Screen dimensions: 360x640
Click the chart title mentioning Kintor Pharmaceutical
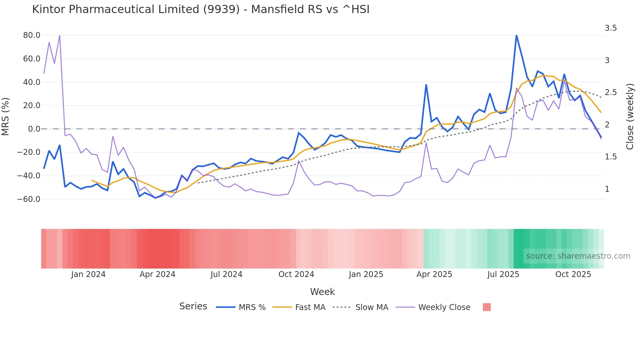click(200, 9)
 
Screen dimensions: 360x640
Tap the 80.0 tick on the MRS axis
click(31, 35)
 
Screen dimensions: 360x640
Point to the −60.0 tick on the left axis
click(29, 199)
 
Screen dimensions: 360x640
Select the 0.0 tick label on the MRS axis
click(34, 129)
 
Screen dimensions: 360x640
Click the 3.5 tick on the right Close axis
click(611, 28)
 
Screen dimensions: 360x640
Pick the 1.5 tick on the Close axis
click(611, 157)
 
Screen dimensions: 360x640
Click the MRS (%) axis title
click(6, 116)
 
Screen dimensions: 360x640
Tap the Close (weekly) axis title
click(630, 116)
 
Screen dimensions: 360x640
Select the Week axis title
click(322, 292)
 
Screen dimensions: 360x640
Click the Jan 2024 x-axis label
click(88, 274)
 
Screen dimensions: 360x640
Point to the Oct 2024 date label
click(296, 274)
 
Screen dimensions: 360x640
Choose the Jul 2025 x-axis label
click(503, 274)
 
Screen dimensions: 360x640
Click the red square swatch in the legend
click(487, 307)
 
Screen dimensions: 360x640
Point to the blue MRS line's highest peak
click(516, 35)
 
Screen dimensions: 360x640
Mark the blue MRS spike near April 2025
click(426, 85)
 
